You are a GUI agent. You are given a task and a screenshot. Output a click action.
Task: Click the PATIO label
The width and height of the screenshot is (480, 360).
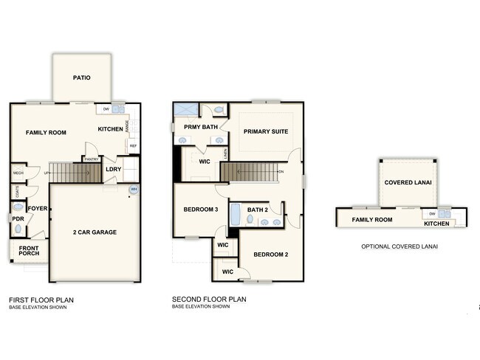[82, 77]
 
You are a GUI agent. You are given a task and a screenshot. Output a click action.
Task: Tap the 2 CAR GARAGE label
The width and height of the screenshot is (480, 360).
[95, 232]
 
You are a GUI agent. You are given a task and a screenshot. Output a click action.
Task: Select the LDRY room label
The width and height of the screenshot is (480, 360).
[114, 169]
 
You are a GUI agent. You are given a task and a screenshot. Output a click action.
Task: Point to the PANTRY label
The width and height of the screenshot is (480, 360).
[92, 159]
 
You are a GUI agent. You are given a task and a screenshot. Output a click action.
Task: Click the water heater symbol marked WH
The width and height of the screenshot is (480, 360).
[134, 190]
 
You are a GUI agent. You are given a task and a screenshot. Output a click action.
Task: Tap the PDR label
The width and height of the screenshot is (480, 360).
[18, 218]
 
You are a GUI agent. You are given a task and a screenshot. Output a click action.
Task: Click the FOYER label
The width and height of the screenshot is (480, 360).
[38, 209]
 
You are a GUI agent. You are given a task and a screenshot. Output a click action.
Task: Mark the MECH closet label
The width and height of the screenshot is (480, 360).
[18, 173]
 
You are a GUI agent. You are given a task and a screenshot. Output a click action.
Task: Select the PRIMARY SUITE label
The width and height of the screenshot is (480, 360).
[265, 131]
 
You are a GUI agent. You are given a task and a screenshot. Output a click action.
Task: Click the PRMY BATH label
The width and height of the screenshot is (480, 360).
[201, 127]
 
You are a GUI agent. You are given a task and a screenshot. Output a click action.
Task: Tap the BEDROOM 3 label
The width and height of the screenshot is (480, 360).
[201, 210]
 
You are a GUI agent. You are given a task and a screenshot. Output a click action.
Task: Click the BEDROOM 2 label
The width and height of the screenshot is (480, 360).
[270, 255]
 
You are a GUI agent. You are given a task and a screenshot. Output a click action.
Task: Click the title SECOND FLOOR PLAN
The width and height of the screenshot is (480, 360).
[209, 300]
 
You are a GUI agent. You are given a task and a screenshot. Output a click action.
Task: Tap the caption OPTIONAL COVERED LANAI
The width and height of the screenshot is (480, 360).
[400, 246]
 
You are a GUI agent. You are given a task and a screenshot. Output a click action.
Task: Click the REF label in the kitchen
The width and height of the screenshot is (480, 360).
[133, 145]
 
